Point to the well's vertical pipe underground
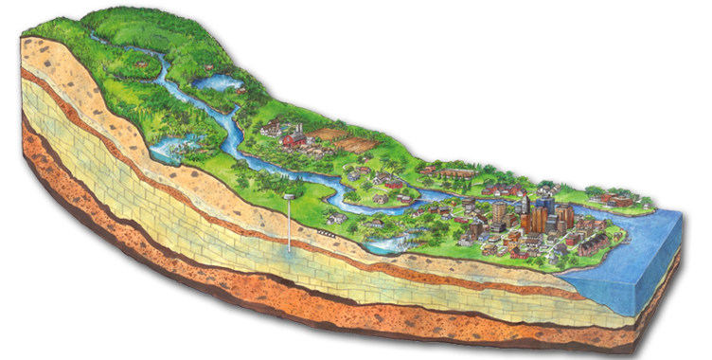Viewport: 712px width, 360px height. [x=290, y=227]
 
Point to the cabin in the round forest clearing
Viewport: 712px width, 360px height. [x=142, y=63]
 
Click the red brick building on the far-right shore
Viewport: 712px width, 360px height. [x=620, y=200]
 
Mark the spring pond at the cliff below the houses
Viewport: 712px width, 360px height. [x=388, y=243]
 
